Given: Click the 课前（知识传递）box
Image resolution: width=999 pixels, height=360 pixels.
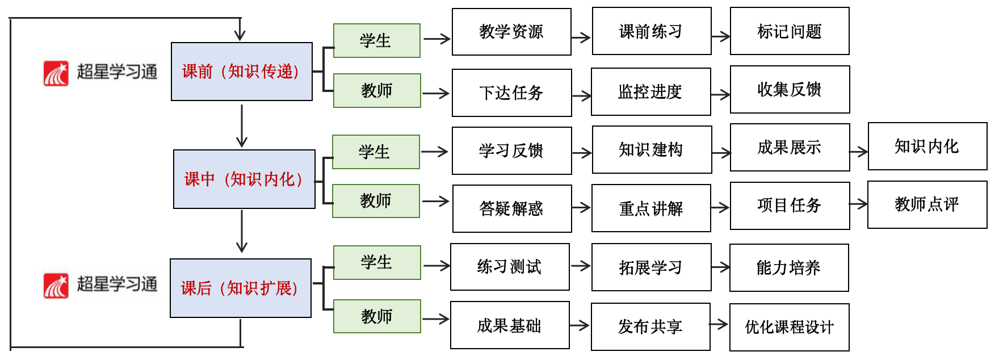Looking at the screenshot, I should pos(241,72).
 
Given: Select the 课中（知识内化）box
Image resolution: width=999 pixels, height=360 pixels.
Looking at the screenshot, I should pos(244,179).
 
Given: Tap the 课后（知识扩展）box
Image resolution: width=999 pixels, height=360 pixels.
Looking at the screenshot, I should pos(240,288).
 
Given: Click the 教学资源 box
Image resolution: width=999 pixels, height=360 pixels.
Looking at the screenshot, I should pos(511,32).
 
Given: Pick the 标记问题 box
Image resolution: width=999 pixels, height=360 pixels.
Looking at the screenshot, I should pos(790,31).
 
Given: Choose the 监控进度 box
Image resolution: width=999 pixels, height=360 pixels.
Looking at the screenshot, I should pos(650,92).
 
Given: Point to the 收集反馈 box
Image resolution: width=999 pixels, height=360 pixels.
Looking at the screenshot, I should pos(790,90).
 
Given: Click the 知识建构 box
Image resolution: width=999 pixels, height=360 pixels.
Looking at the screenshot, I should pos(652,150).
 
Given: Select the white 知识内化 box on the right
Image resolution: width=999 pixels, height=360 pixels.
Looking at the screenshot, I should pos(927,146).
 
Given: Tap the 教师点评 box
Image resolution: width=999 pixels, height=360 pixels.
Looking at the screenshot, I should pos(927,205).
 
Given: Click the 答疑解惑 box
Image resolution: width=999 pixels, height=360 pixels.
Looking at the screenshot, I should pos(511,208).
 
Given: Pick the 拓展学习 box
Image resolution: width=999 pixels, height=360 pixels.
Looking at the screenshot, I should pos(651,267).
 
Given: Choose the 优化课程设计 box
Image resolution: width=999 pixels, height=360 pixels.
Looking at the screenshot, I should pos(789,327).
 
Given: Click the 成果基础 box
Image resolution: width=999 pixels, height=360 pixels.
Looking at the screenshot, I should pos(510,325).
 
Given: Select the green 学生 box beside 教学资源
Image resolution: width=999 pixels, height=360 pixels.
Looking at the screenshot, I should pos(376,41).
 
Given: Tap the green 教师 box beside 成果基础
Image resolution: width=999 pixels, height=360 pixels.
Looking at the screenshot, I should pos(377,316).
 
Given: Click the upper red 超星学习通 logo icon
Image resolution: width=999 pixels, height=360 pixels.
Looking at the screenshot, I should pos(56,73).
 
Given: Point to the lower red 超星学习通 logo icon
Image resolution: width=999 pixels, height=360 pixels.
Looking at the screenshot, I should pos(56,285).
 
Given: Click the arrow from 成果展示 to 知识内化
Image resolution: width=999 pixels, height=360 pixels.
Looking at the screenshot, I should pos(859,152).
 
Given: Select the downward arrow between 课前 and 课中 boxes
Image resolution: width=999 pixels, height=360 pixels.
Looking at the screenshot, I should pos(242,126).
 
